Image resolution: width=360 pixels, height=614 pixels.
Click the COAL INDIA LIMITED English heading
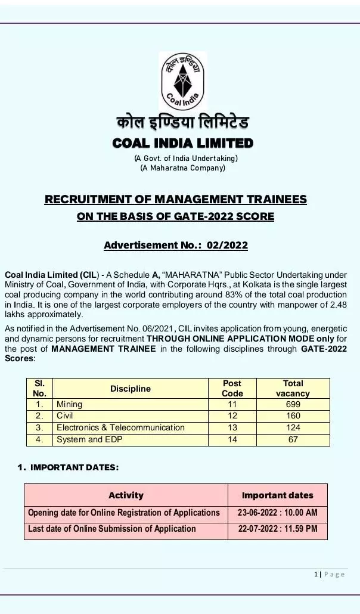click(182, 144)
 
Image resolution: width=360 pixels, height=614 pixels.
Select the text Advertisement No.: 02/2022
click(175, 245)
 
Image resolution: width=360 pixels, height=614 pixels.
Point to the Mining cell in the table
click(70, 404)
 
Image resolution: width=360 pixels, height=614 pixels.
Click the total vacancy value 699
click(293, 404)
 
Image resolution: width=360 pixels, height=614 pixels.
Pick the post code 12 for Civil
click(232, 415)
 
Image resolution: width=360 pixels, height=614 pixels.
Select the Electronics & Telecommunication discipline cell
click(120, 427)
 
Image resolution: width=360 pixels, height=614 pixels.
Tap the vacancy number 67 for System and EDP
click(293, 439)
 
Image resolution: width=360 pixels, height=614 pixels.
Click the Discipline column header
click(131, 389)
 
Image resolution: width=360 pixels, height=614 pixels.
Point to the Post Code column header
click(232, 389)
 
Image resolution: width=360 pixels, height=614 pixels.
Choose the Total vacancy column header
click(293, 389)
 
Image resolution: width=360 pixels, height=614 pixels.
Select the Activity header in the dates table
click(126, 495)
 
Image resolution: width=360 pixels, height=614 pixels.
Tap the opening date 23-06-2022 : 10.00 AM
click(278, 513)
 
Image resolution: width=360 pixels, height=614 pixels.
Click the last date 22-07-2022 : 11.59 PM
click(278, 529)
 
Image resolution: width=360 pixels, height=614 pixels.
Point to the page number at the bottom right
click(329, 574)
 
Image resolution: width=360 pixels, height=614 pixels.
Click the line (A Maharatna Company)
click(182, 168)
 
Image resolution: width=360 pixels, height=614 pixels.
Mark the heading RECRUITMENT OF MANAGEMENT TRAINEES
click(175, 200)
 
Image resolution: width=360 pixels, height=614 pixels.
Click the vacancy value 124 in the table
click(293, 427)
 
